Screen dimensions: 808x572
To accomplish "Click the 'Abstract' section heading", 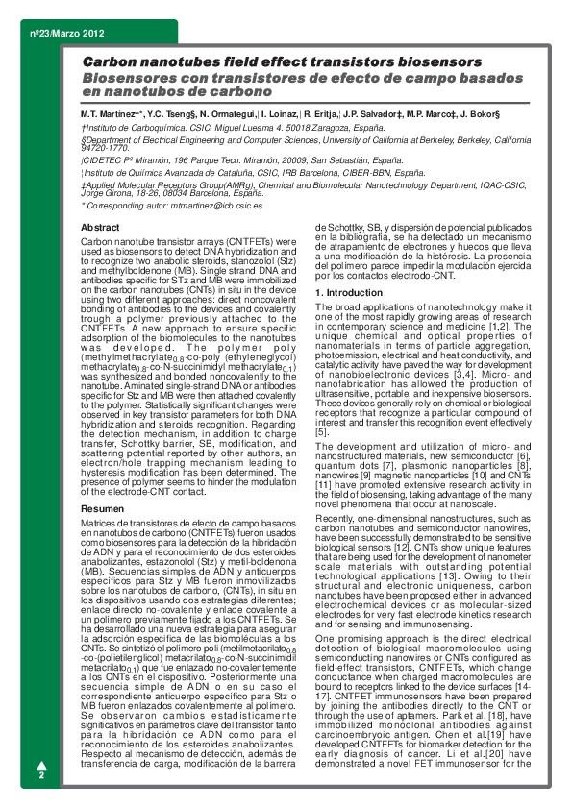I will click(x=101, y=226).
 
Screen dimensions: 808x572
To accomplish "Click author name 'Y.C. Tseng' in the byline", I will click(x=169, y=114).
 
